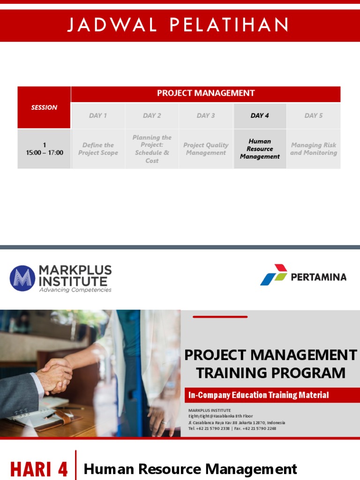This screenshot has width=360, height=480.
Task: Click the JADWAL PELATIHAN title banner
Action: click(x=178, y=25)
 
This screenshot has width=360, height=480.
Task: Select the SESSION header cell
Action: click(x=44, y=107)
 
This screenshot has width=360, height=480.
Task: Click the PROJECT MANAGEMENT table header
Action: click(x=206, y=93)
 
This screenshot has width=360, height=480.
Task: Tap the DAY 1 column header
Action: click(x=98, y=115)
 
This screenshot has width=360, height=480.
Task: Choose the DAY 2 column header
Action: click(x=152, y=115)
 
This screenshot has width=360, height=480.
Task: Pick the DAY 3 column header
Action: click(x=206, y=115)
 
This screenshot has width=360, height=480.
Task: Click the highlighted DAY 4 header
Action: click(x=260, y=115)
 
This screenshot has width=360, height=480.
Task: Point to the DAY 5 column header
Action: click(x=314, y=115)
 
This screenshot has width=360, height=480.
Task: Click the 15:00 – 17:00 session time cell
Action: click(x=44, y=149)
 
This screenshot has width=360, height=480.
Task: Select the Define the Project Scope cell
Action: click(x=98, y=149)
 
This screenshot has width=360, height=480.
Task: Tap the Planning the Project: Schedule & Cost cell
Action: click(x=152, y=149)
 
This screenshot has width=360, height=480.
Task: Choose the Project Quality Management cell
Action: click(x=206, y=149)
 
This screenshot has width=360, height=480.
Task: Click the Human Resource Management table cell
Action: click(x=260, y=149)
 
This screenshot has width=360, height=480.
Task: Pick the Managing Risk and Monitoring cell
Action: click(x=314, y=149)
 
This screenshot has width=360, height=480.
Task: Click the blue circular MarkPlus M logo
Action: click(x=22, y=278)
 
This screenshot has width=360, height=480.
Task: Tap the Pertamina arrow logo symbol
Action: click(x=274, y=275)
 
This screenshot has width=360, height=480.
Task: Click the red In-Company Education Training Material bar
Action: click(x=270, y=395)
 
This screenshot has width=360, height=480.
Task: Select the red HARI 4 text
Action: click(x=39, y=469)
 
